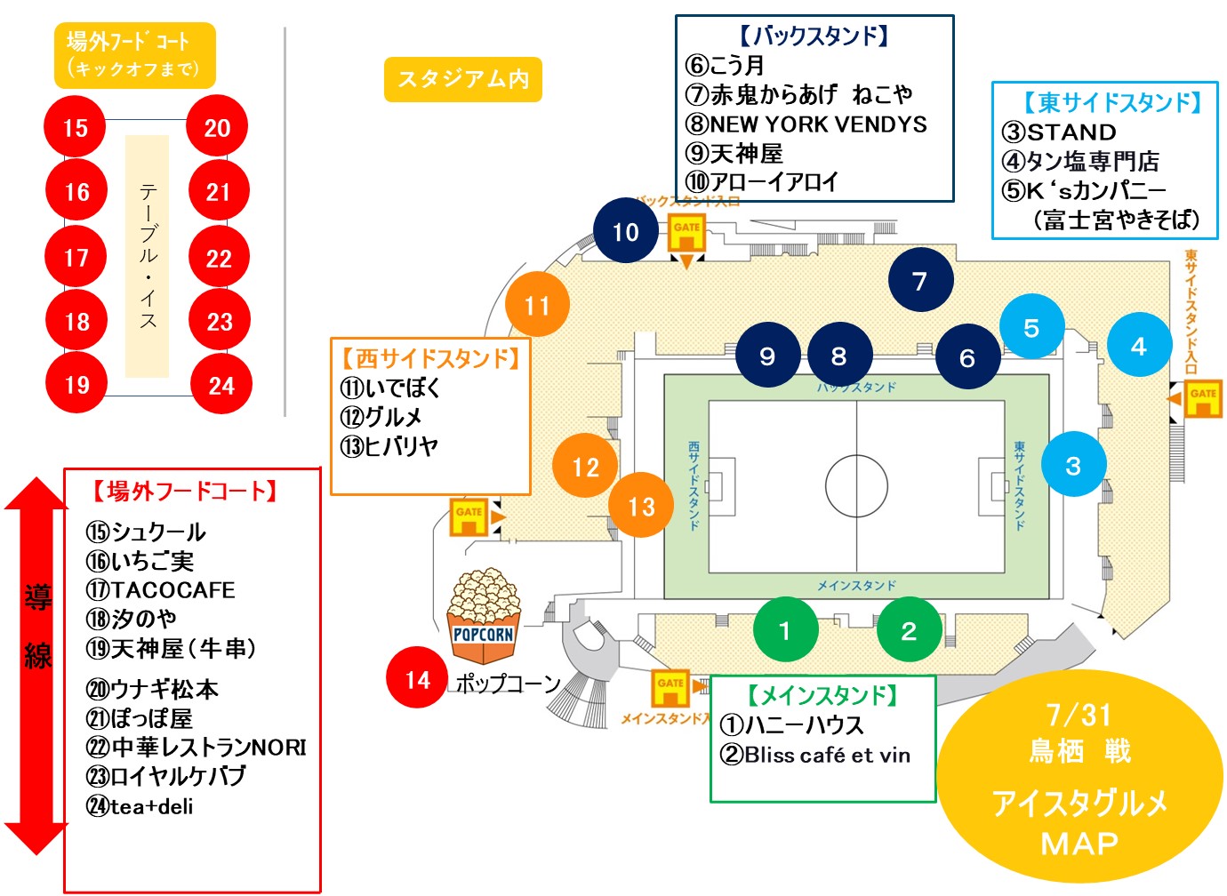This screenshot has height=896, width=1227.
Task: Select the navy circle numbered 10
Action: (626, 231)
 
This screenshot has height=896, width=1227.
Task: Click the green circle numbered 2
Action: (908, 630)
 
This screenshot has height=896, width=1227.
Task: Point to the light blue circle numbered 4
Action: (1139, 345)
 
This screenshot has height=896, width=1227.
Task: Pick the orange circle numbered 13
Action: (641, 506)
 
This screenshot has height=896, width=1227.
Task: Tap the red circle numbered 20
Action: (217, 127)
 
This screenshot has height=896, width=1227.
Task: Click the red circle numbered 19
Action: (76, 384)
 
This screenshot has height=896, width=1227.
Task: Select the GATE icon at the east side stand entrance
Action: (1202, 397)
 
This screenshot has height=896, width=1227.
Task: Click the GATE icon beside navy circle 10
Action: (686, 233)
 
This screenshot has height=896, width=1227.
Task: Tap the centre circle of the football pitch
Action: (856, 486)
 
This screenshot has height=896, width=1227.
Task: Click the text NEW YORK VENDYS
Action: (818, 124)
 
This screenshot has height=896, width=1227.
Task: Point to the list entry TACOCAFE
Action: (172, 589)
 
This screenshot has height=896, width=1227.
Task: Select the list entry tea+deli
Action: (151, 806)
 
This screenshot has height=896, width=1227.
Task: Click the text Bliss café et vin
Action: (827, 755)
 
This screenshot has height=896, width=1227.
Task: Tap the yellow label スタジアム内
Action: (462, 80)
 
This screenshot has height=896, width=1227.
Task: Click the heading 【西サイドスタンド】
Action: (430, 358)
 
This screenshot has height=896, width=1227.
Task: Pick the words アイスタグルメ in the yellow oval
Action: (1079, 803)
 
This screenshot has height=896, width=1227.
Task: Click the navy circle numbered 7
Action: (920, 280)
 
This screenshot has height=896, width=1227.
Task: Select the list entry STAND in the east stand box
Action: (1071, 132)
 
